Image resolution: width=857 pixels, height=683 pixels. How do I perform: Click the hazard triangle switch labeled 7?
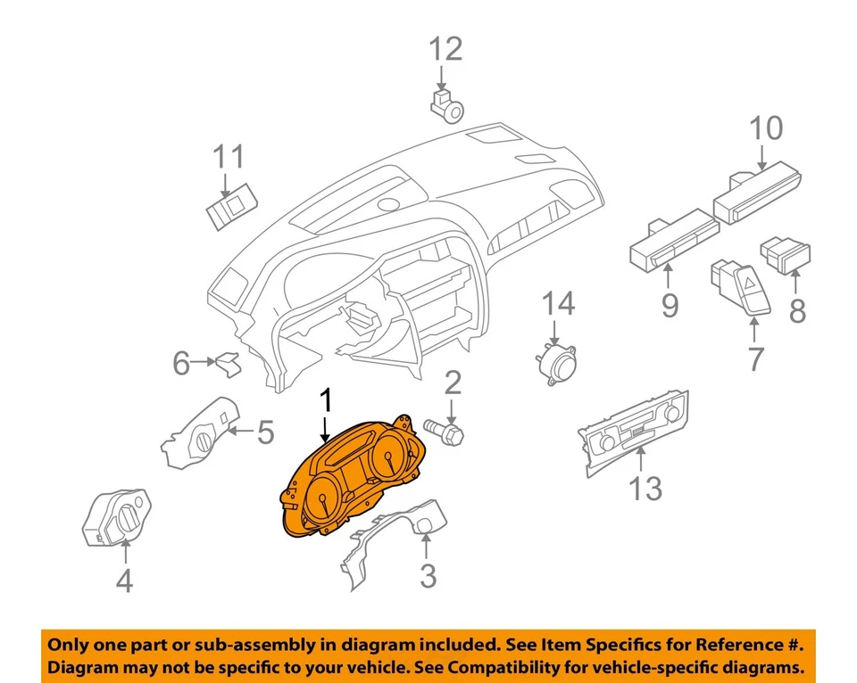(x=741, y=287)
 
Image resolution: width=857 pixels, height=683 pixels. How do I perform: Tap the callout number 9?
(x=670, y=306)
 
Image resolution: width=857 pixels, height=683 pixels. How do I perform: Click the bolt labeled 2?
(x=448, y=432)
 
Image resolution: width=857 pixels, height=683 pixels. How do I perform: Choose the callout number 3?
(x=428, y=576)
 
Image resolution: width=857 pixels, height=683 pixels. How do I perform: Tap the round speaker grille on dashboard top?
(x=389, y=204)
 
